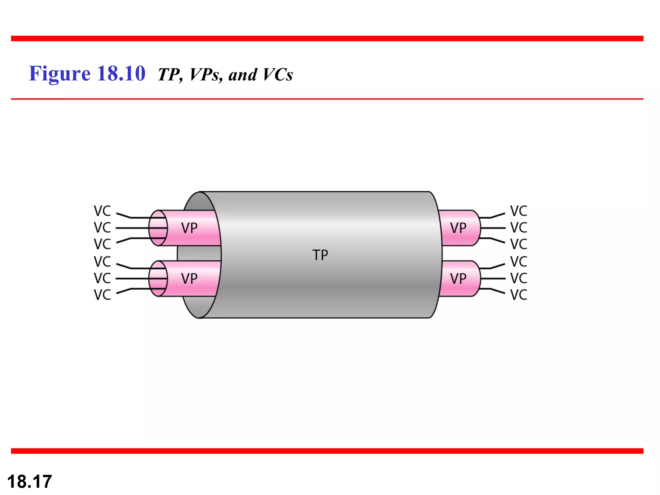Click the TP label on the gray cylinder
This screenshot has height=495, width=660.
[x=320, y=255]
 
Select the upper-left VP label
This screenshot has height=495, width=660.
[x=189, y=228]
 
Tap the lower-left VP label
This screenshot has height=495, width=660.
[x=189, y=279]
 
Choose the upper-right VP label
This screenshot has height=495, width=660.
[x=458, y=228]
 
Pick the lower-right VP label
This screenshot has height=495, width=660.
[x=458, y=279]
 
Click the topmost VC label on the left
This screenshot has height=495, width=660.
[x=102, y=211]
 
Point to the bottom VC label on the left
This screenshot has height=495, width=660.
[x=102, y=295]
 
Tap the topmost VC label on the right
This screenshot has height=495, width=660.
[x=519, y=211]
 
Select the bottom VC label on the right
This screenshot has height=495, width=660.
[x=519, y=295]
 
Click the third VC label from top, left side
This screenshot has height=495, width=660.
[x=102, y=244]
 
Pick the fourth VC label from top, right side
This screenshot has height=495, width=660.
[x=519, y=262]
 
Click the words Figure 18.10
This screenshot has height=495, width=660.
[x=87, y=73]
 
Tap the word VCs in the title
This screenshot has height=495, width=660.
[x=277, y=75]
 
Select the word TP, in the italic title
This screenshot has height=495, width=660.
[x=170, y=75]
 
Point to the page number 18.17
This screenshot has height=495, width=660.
[x=29, y=482]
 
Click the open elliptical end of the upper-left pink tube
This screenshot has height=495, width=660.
[x=158, y=228]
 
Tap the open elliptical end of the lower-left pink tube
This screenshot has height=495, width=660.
[x=158, y=278]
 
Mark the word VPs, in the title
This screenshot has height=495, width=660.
[x=206, y=75]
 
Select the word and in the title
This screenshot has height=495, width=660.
[x=243, y=75]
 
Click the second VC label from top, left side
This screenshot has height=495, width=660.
[x=102, y=228]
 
